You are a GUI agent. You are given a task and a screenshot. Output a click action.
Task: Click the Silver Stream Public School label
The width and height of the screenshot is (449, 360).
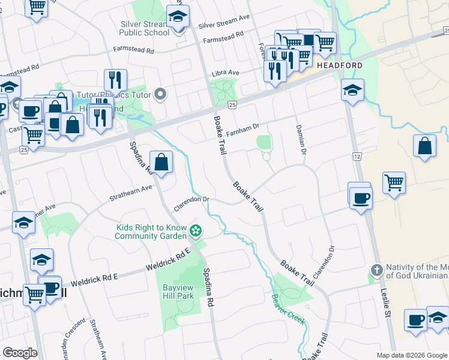coord(145,28)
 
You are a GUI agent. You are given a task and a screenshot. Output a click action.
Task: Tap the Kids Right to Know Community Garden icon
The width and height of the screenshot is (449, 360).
coord(196,230)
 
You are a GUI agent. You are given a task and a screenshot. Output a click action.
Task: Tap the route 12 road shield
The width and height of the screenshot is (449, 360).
coord(357,156)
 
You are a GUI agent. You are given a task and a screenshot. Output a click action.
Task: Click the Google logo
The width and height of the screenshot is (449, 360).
coord(20,353)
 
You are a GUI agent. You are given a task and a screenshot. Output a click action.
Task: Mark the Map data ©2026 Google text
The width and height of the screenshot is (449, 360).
coord(411,355)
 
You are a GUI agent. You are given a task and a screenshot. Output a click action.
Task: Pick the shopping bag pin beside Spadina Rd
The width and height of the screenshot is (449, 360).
coord(161,162)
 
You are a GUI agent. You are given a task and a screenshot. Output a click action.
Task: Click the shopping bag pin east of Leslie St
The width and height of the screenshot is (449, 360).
coord(424,146)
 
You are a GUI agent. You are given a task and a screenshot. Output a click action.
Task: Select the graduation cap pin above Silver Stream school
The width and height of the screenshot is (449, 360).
coord(178,17)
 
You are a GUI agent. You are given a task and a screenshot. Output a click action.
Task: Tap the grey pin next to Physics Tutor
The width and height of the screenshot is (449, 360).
coord(160,94)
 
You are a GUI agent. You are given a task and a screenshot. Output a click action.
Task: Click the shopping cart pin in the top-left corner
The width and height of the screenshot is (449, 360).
coord(37,7)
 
